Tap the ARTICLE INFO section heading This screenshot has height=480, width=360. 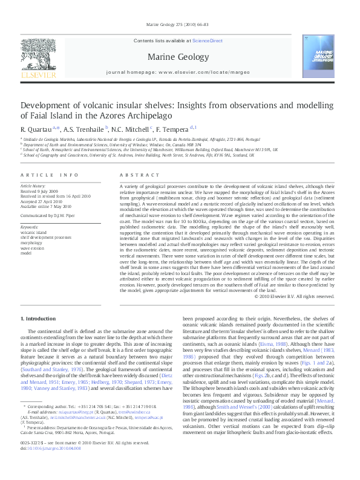[50, 175]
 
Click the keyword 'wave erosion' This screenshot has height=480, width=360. [33, 248]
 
